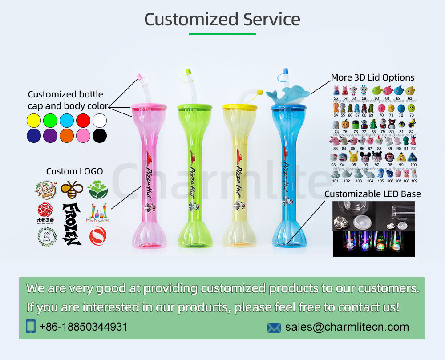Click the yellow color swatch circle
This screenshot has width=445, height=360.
(34, 121)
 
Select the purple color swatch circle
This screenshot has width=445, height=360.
(50, 136)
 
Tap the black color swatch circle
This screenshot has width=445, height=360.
(100, 136)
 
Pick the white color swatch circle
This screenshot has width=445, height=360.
(100, 121)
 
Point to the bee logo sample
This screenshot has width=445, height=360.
(72, 190)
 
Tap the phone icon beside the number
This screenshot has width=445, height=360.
(31, 326)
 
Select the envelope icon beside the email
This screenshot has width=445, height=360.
(274, 328)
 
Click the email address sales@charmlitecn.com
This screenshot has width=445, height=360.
(347, 327)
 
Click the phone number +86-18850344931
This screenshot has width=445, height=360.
(83, 327)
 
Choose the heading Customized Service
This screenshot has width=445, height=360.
(222, 20)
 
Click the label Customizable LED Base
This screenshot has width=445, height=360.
(372, 194)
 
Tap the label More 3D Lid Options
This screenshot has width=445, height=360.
(372, 77)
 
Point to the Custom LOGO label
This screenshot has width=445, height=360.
(74, 171)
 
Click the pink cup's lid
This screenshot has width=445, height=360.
(149, 106)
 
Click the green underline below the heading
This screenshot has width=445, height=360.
(222, 34)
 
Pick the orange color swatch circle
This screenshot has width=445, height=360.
(67, 136)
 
